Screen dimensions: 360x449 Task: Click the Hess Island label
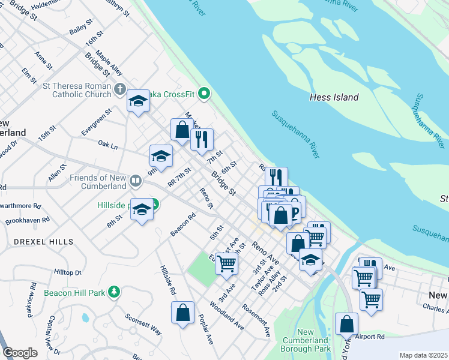tap(334, 97)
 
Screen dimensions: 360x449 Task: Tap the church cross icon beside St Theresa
tap(119, 90)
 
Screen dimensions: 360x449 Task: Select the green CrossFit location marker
tap(205, 93)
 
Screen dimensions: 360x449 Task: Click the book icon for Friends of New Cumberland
tap(136, 181)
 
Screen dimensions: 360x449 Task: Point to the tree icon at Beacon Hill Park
tap(112, 293)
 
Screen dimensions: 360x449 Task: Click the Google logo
tap(20, 353)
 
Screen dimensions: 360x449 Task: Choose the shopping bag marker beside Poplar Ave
tap(182, 313)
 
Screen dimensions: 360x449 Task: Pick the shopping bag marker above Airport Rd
tap(346, 324)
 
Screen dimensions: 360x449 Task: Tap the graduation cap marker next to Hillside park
tap(142, 210)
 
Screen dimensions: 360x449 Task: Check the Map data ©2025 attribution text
tap(423, 355)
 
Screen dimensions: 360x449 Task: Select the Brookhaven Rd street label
tap(27, 221)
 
